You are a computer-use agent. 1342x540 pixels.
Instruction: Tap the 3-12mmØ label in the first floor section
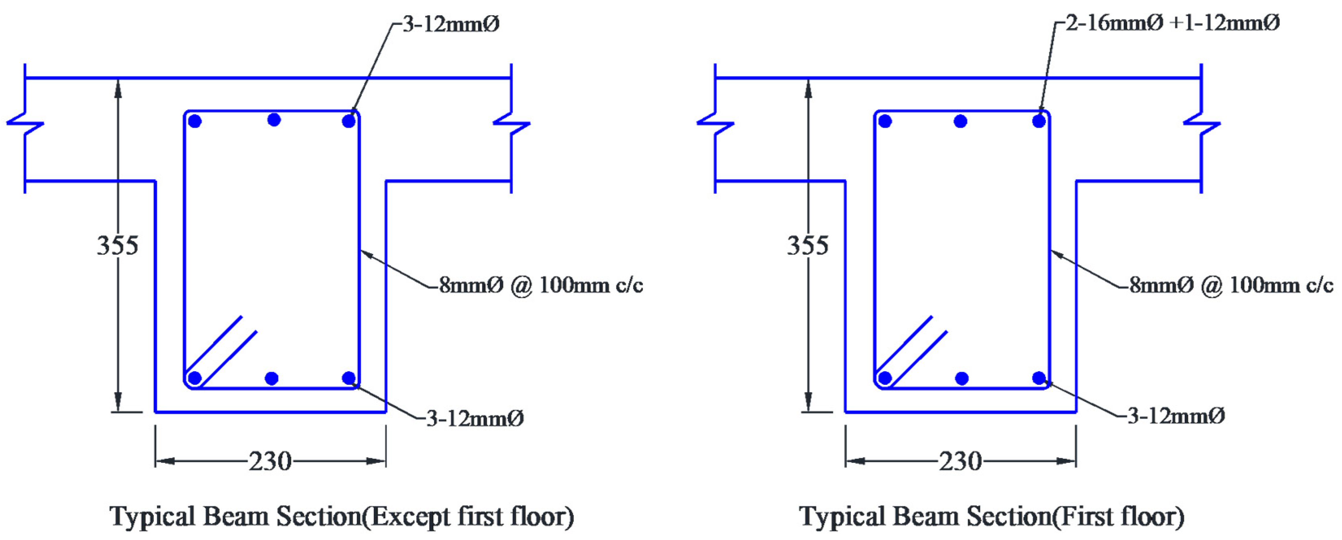point(1176,416)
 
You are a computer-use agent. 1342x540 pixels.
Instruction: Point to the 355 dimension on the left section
point(118,245)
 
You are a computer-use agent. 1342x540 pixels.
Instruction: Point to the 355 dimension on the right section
point(808,245)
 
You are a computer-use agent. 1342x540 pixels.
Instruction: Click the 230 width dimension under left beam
point(269,461)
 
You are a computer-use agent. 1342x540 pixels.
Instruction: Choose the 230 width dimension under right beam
point(960,461)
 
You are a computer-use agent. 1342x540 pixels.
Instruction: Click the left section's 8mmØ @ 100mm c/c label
point(541,286)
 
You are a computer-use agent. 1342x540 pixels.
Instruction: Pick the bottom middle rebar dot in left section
point(271,378)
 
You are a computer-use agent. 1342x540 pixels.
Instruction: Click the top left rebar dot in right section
point(885,121)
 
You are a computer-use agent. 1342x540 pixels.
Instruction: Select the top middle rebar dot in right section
point(961,121)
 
